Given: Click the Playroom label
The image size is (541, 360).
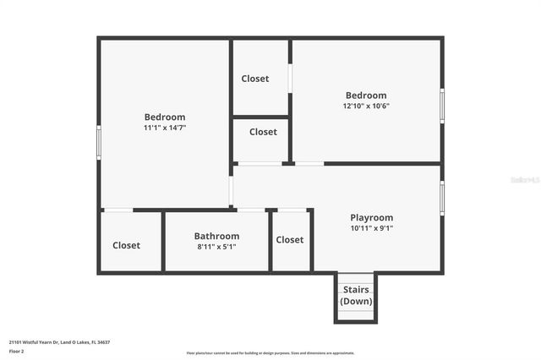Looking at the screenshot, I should pyautogui.click(x=371, y=217).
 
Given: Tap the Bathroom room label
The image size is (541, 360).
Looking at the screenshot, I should pyautogui.click(x=216, y=236).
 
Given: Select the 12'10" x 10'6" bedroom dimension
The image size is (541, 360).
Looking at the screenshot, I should pyautogui.click(x=366, y=106).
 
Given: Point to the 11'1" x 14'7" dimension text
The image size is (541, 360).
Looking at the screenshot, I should pyautogui.click(x=164, y=128).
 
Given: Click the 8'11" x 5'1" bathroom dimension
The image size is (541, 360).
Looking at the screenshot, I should pyautogui.click(x=216, y=247).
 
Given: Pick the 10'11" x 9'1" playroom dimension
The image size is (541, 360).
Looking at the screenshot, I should pyautogui.click(x=371, y=228).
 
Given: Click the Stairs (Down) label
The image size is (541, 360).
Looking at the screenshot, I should pyautogui.click(x=356, y=295).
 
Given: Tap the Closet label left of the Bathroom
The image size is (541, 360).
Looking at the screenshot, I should pyautogui.click(x=127, y=245).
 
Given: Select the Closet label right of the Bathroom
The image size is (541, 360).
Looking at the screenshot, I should pyautogui.click(x=289, y=239).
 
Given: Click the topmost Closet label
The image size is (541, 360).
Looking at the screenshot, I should pyautogui.click(x=255, y=79).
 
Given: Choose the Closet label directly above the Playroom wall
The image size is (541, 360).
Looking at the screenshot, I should pyautogui.click(x=263, y=132).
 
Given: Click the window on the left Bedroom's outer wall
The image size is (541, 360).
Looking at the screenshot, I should pyautogui.click(x=99, y=141).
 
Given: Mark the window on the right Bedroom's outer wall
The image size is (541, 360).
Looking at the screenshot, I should pyautogui.click(x=441, y=106).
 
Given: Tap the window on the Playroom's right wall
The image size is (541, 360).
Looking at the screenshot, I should pyautogui.click(x=441, y=198).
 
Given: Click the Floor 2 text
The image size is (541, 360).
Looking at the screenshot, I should pyautogui.click(x=16, y=351).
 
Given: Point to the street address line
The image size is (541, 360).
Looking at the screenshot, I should pyautogui.click(x=59, y=342).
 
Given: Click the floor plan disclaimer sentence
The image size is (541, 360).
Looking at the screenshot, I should pyautogui.click(x=270, y=353).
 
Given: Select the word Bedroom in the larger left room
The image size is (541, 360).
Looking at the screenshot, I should pyautogui.click(x=164, y=117).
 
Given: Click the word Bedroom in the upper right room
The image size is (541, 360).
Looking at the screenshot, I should pyautogui.click(x=366, y=95).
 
